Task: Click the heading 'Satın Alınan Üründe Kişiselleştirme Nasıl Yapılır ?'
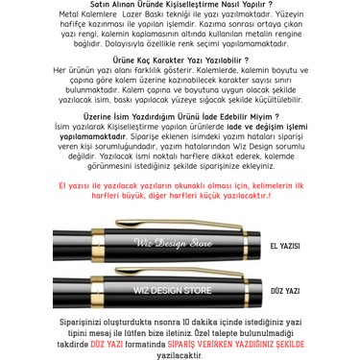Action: pyautogui.click(x=179, y=6)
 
